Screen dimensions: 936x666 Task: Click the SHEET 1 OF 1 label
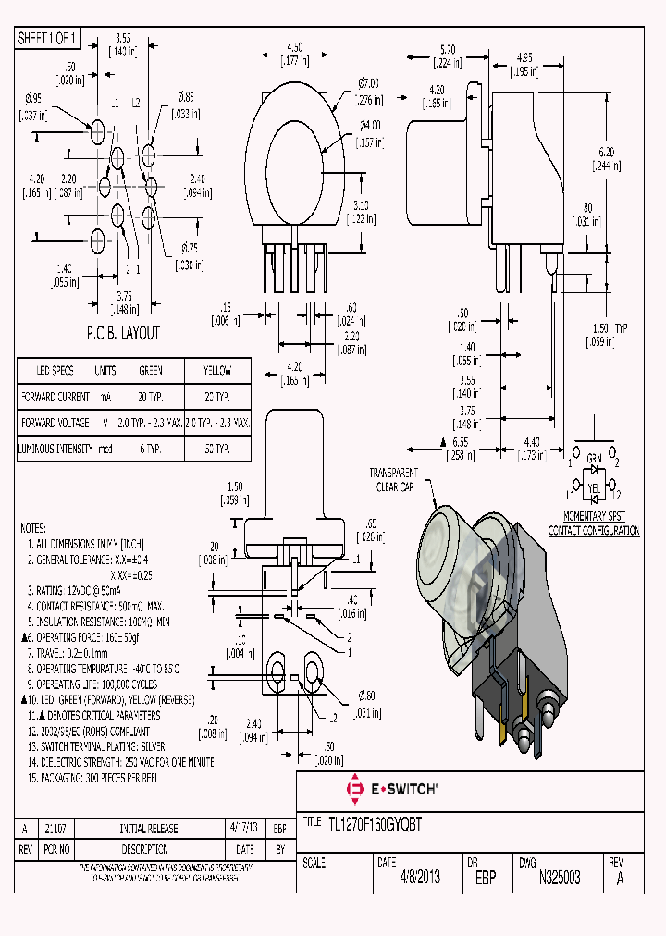click(x=49, y=38)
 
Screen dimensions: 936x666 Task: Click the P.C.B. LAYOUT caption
click(x=123, y=333)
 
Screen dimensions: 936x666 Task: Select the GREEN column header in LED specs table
click(x=150, y=370)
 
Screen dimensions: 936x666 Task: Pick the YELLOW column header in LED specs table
click(x=217, y=370)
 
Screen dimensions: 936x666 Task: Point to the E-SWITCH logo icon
click(x=353, y=790)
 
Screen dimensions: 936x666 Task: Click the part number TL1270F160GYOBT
click(x=376, y=825)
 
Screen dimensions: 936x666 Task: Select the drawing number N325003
click(x=560, y=878)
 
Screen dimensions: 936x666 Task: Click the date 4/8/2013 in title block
click(x=419, y=878)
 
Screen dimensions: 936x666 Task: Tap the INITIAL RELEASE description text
click(x=148, y=829)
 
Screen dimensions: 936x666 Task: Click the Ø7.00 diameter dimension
click(x=370, y=90)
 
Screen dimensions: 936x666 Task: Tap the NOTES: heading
click(x=38, y=528)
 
